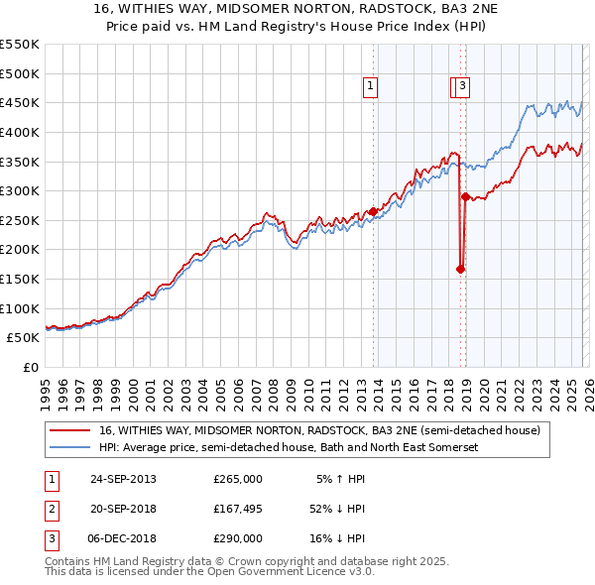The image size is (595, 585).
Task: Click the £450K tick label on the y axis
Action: pos(20,102)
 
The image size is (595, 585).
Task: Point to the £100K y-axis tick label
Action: pos(20,308)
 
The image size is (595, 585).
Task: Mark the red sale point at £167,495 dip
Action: pos(460,269)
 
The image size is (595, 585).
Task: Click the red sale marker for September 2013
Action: pos(373,211)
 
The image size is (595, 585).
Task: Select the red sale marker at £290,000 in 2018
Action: pos(465,197)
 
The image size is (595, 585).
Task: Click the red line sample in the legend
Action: pos(71,431)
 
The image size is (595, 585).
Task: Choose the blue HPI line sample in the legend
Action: pos(71,448)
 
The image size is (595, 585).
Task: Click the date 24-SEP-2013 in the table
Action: pos(123,479)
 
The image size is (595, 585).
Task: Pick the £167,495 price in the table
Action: pos(237,509)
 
